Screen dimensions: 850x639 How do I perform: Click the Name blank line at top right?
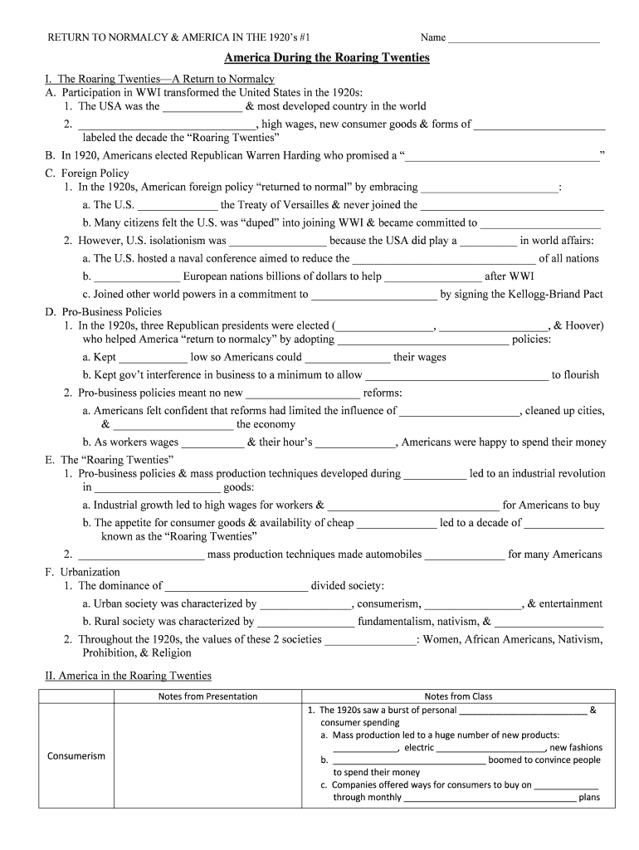(x=523, y=38)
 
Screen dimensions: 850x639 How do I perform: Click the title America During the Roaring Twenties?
(x=327, y=58)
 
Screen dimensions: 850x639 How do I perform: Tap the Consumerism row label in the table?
(x=76, y=756)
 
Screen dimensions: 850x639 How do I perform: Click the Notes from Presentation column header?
(x=207, y=696)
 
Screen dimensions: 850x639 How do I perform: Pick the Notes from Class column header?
(x=458, y=696)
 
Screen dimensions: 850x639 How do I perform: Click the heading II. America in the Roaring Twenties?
(x=129, y=676)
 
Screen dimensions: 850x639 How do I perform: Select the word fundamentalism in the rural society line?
(x=395, y=621)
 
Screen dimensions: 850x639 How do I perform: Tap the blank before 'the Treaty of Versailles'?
(x=178, y=205)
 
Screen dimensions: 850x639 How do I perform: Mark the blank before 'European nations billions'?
(x=136, y=276)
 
